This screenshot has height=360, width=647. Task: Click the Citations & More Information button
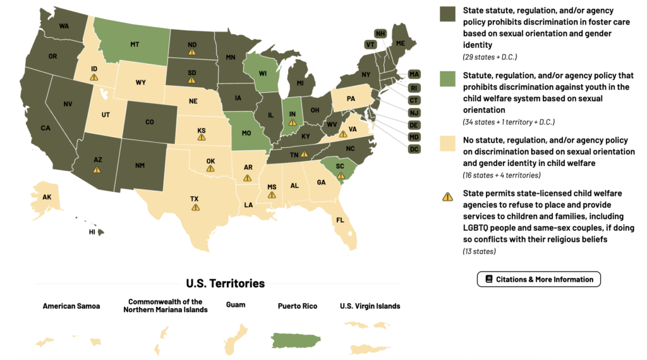[538, 279]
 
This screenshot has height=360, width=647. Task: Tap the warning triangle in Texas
[195, 207]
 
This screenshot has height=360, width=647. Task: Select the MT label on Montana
[135, 45]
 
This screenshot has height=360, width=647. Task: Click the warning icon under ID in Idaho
[94, 77]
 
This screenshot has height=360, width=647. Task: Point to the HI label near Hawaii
[91, 232]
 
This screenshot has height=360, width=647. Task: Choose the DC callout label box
[414, 149]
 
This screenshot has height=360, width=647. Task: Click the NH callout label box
[380, 33]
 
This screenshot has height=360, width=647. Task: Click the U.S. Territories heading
[225, 284]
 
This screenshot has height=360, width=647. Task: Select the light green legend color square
[447, 79]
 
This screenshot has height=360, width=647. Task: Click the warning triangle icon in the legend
[447, 197]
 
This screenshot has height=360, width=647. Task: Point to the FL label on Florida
[340, 220]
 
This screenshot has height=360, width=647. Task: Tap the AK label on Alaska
[47, 197]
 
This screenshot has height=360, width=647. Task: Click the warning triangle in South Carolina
[341, 176]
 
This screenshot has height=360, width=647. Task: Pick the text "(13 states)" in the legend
[479, 251]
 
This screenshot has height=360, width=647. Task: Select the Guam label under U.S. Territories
[236, 305]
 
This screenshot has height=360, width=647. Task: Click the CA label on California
[45, 128]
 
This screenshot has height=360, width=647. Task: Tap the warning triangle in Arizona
[97, 169]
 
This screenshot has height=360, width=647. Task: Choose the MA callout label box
[414, 74]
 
